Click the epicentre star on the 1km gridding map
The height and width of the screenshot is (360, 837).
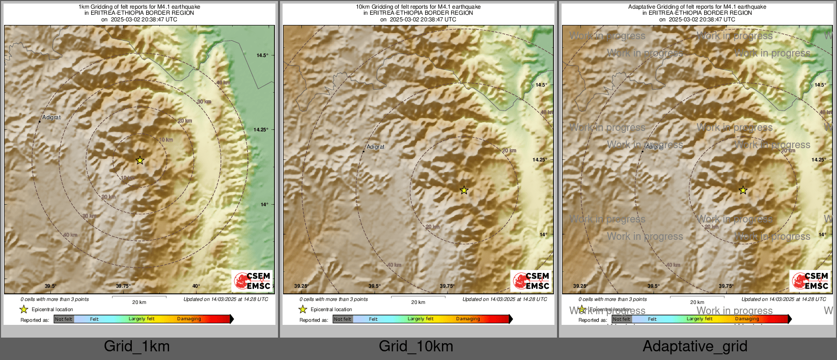[140, 160]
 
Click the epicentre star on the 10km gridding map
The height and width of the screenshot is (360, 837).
[464, 190]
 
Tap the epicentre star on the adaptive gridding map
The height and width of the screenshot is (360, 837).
[743, 190]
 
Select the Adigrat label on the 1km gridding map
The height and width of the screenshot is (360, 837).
[51, 118]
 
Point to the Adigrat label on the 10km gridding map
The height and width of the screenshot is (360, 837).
[376, 147]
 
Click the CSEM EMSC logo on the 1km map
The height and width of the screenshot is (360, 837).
[252, 281]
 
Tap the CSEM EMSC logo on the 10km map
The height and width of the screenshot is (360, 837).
[531, 281]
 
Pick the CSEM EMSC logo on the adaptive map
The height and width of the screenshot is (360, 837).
[810, 281]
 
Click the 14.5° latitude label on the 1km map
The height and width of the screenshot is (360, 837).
[262, 56]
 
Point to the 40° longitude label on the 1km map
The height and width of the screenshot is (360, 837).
[196, 286]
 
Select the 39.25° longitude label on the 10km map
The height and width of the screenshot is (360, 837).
[301, 286]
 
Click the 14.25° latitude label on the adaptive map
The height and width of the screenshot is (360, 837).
[819, 160]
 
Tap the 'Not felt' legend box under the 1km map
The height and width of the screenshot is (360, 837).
[64, 319]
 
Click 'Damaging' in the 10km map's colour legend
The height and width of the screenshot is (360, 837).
[468, 319]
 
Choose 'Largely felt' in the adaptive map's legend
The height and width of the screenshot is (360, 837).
[700, 319]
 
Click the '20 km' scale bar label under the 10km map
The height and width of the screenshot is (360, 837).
[418, 302]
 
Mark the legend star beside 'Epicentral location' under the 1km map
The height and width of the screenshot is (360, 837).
[24, 309]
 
